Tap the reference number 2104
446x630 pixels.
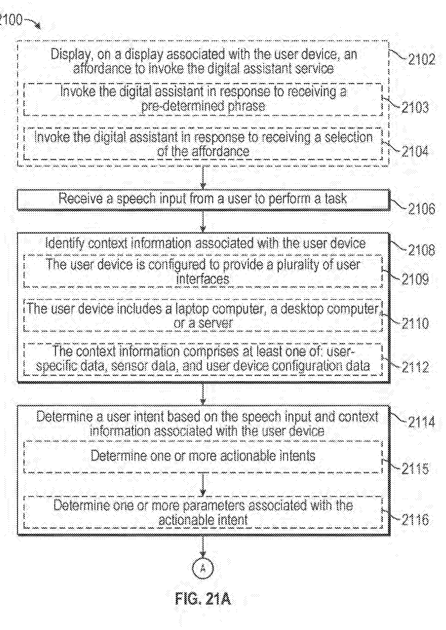coord(415,152)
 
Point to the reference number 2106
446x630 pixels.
coord(422,209)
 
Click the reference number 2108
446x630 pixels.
coord(422,250)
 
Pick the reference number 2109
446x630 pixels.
coord(415,279)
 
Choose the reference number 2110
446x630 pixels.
coord(415,323)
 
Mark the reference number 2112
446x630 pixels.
coord(415,367)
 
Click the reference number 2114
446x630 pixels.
coord(422,422)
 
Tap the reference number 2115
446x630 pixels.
coord(415,468)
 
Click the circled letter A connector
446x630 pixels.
coord(203,568)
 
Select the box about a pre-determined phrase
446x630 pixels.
coord(203,99)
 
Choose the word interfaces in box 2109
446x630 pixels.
coord(203,279)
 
